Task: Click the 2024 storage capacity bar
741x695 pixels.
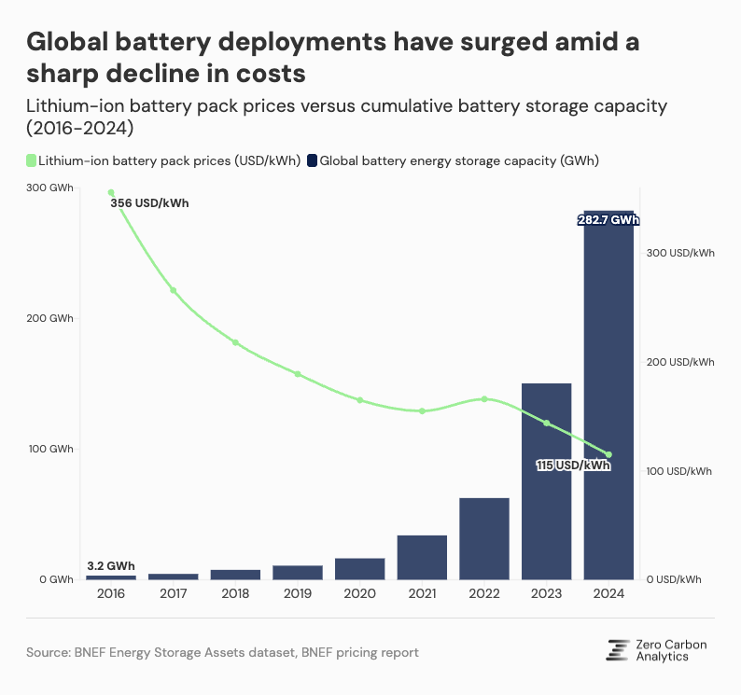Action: (608, 401)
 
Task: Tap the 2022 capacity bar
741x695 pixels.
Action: (484, 538)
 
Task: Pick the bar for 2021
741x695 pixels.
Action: (422, 557)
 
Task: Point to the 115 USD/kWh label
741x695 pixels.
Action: (573, 465)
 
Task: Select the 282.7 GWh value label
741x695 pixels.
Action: (608, 220)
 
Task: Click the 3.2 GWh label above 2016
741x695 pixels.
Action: (111, 565)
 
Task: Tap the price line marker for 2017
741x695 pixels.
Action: (174, 290)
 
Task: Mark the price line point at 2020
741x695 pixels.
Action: (360, 400)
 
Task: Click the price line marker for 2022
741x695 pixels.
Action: (484, 399)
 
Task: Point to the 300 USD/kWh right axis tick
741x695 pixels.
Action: (679, 253)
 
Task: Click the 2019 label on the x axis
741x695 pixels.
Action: (298, 593)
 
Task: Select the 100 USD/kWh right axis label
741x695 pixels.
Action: (679, 471)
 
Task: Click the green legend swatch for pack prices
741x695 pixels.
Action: (31, 160)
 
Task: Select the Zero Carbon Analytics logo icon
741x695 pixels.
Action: (617, 650)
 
